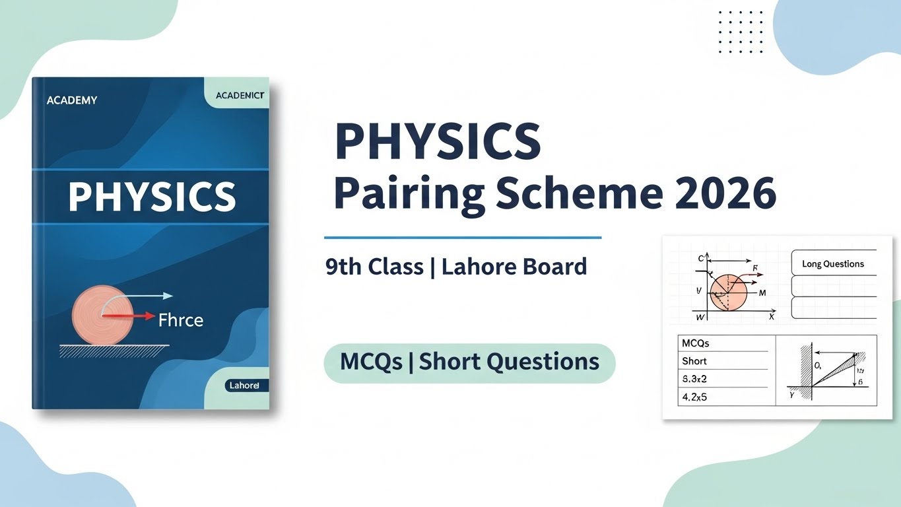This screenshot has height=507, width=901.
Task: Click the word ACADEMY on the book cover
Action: tap(72, 100)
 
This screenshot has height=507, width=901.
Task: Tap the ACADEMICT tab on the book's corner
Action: tap(240, 96)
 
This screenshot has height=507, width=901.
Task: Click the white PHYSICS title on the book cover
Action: tap(152, 196)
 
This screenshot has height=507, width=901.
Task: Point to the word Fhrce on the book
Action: tap(181, 321)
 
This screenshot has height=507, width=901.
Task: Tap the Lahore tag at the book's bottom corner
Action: tap(243, 385)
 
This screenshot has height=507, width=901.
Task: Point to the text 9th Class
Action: tap(374, 267)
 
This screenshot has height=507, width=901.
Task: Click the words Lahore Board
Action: tap(514, 267)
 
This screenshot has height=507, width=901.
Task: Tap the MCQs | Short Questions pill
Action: tap(469, 362)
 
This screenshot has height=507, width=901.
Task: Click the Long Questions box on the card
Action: tap(833, 263)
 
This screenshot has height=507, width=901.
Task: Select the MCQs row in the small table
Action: tap(696, 343)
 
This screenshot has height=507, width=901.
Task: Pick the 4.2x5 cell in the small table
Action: tap(694, 397)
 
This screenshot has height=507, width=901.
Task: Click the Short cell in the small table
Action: tap(694, 361)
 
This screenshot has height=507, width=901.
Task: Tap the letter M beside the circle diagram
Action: tap(762, 292)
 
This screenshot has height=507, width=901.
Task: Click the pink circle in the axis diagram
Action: tap(728, 292)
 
